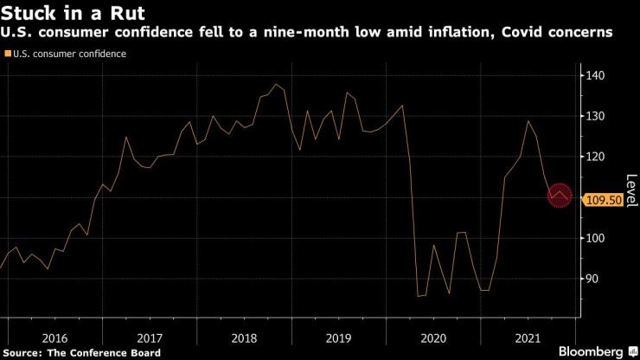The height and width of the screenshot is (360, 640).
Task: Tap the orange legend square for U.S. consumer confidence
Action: coord(8,54)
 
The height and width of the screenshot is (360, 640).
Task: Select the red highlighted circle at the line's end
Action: coord(560,196)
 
